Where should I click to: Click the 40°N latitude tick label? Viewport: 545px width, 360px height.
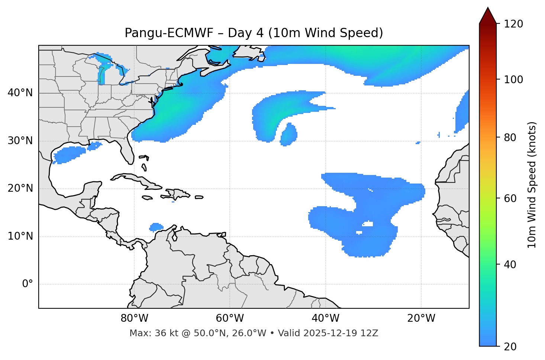(20, 93)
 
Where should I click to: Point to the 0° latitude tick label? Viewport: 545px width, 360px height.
(27, 284)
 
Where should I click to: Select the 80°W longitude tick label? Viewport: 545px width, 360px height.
(134, 318)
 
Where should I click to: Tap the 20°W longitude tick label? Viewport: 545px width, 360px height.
(421, 318)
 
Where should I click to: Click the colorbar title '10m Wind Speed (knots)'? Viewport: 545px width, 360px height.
(532, 185)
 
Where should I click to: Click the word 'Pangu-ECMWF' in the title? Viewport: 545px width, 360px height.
(169, 33)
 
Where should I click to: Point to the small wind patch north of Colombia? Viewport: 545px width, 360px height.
(156, 227)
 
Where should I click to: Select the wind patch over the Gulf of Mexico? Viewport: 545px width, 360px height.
(69, 154)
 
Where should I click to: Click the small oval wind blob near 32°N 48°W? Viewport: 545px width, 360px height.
(289, 134)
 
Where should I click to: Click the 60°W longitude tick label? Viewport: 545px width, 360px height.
(230, 318)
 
